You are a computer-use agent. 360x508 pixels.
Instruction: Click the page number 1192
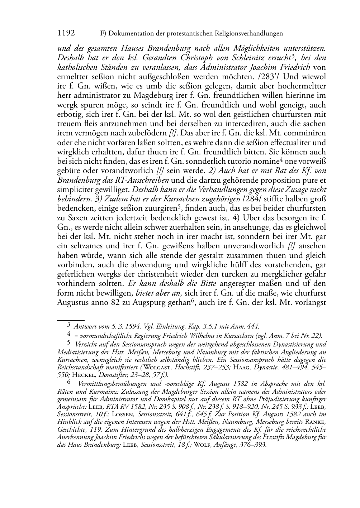66,33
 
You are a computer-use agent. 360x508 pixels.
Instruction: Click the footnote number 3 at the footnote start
69,326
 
